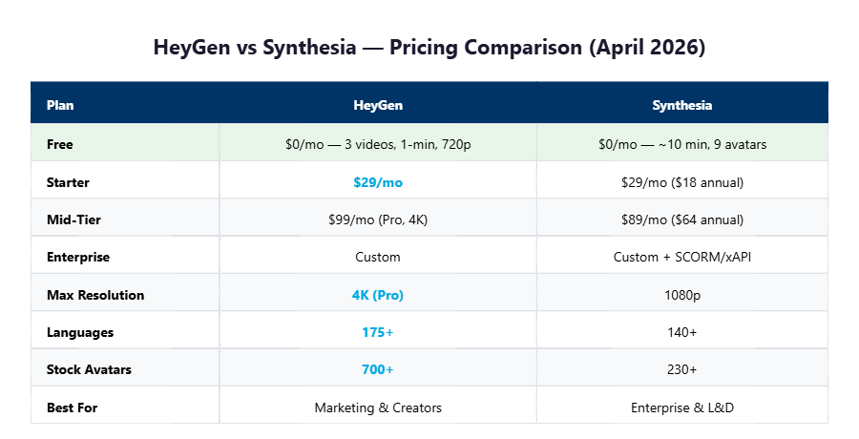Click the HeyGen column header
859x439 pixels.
378,105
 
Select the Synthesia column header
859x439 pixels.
681,105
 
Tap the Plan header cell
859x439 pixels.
60,105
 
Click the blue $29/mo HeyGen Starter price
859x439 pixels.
378,181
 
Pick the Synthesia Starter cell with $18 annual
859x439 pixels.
681,181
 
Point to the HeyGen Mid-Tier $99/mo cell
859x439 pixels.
378,219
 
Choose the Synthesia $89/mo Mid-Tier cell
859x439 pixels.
681,219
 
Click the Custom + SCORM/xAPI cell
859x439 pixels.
681,257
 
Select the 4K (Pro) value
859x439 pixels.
378,295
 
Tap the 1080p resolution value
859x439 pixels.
681,295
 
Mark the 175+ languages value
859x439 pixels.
378,332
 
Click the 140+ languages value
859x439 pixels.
681,332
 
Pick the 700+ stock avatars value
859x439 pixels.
378,369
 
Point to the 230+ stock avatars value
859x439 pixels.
681,369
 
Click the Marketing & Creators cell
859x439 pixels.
378,408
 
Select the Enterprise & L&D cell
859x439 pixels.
681,408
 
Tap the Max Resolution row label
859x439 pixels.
95,295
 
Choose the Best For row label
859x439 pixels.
73,408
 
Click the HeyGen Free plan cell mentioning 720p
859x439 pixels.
378,144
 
